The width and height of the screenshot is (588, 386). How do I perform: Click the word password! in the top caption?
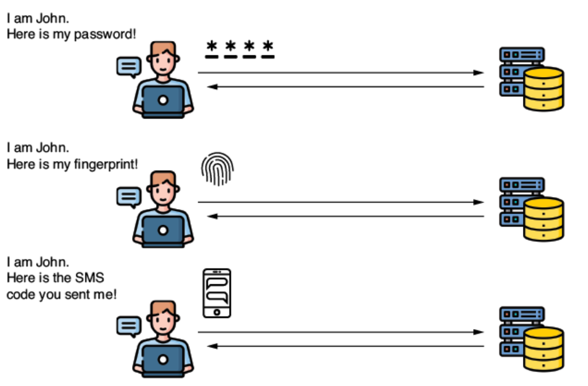[x=105, y=33]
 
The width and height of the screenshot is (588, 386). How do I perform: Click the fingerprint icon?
[x=217, y=169]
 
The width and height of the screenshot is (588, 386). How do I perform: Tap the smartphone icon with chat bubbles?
[x=217, y=293]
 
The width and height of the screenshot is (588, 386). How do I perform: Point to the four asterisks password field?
[x=240, y=48]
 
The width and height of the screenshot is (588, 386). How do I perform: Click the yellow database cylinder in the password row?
[x=543, y=88]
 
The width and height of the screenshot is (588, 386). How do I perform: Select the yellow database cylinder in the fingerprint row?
[x=543, y=219]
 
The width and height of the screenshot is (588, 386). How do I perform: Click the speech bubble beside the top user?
[x=129, y=66]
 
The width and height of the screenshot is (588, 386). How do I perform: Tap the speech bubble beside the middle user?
[x=129, y=197]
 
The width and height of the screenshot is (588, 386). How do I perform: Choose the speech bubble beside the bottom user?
[x=129, y=326]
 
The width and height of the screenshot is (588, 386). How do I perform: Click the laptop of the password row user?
[x=164, y=101]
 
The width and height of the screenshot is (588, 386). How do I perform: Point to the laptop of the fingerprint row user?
[x=164, y=231]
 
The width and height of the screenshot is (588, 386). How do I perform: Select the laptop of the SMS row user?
[x=164, y=361]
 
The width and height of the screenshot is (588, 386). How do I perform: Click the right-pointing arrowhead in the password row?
[x=479, y=73]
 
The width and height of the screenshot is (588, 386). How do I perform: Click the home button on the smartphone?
[x=217, y=312]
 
